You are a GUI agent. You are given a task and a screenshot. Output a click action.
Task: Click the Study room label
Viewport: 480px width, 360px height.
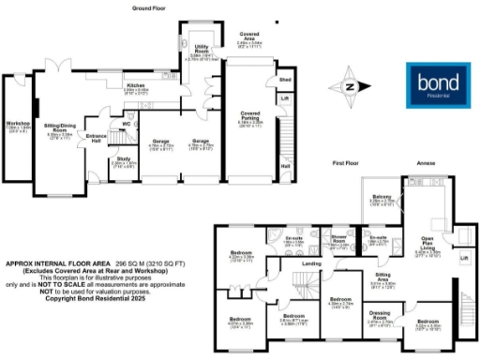124,158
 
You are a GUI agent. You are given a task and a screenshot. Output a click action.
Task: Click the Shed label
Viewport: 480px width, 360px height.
285,81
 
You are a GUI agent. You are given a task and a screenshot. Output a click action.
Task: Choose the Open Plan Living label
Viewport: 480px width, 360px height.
427,243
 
